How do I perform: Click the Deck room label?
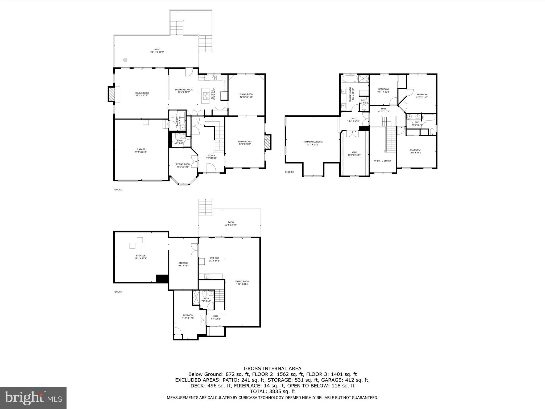click(157, 51)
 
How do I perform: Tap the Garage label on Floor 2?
click(141, 151)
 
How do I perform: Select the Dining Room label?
click(246, 96)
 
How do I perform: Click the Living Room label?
click(245, 143)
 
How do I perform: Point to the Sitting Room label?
click(183, 166)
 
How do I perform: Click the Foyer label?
click(212, 157)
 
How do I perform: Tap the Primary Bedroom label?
click(312, 143)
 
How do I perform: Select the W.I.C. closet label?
click(354, 154)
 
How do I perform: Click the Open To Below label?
click(382, 161)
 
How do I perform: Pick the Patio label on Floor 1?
click(231, 223)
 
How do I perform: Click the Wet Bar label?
click(214, 259)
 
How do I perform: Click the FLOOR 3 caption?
click(289, 172)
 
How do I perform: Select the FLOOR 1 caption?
click(118, 292)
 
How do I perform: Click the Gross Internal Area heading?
click(272, 369)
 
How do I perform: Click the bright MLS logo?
click(33, 398)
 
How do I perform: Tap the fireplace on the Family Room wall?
click(112, 94)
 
